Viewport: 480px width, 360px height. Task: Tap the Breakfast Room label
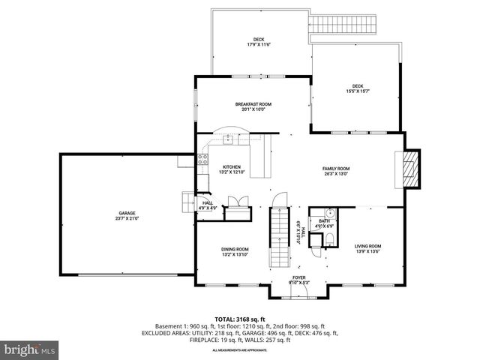pyautogui.click(x=253, y=106)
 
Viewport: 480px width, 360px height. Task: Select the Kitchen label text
pyautogui.click(x=231, y=169)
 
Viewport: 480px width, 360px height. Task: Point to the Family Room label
pyautogui.click(x=336, y=171)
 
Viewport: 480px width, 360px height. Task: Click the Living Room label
pyautogui.click(x=367, y=248)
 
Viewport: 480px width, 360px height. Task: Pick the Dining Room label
pyautogui.click(x=235, y=251)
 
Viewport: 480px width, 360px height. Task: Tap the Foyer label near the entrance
pyautogui.click(x=299, y=280)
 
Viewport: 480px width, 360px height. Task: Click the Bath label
pyautogui.click(x=324, y=223)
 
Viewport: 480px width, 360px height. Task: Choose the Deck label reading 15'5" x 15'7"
pyautogui.click(x=357, y=88)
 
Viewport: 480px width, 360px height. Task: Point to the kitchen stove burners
pyautogui.click(x=202, y=158)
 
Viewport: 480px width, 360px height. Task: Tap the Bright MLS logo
pyautogui.click(x=30, y=349)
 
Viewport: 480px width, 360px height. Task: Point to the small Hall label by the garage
pyautogui.click(x=208, y=205)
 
